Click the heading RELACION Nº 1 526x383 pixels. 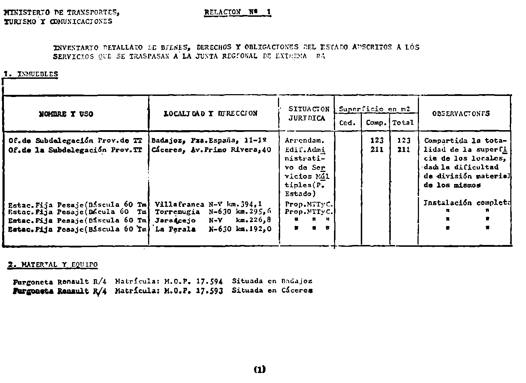pyautogui.click(x=238, y=12)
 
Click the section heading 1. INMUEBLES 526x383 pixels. pyautogui.click(x=31, y=74)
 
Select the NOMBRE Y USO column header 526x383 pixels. pyautogui.click(x=66, y=114)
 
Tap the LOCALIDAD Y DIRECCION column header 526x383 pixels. pyautogui.click(x=211, y=114)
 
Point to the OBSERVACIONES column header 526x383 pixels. pyautogui.click(x=461, y=114)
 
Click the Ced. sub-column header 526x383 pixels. pyautogui.click(x=347, y=123)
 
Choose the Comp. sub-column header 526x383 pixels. pyautogui.click(x=376, y=123)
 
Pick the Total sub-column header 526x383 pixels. pyautogui.click(x=403, y=123)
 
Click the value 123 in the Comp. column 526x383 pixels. pyautogui.click(x=377, y=141)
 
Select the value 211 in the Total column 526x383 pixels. pyautogui.click(x=404, y=150)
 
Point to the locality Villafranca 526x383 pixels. pyautogui.click(x=179, y=205)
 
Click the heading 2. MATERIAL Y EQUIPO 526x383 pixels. pyautogui.click(x=52, y=265)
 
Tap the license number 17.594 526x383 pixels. pyautogui.click(x=209, y=281)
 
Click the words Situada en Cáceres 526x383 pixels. pyautogui.click(x=272, y=291)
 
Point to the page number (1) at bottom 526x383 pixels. pyautogui.click(x=259, y=369)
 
